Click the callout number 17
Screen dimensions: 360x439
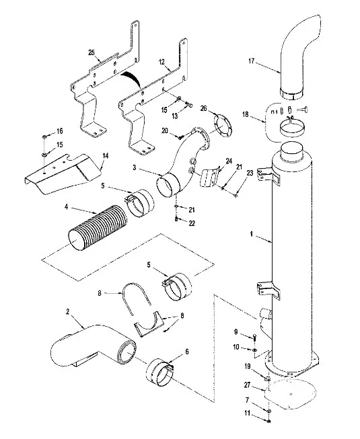pyautogui.click(x=251, y=61)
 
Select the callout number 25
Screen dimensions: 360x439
pyautogui.click(x=92, y=52)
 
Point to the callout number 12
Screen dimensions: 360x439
pyautogui.click(x=161, y=62)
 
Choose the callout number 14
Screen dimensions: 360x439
pyautogui.click(x=105, y=156)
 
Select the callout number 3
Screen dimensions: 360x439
pyautogui.click(x=135, y=167)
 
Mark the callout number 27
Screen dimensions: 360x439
pyautogui.click(x=247, y=385)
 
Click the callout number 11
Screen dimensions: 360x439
pyautogui.click(x=247, y=413)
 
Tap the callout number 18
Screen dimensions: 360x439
pyautogui.click(x=246, y=115)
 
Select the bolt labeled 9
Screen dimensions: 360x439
pyautogui.click(x=254, y=337)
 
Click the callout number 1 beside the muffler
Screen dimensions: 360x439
pyautogui.click(x=252, y=234)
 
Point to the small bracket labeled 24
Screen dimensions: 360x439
pyautogui.click(x=210, y=177)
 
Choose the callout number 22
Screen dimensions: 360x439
pyautogui.click(x=192, y=223)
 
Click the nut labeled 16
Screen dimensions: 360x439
pyautogui.click(x=44, y=137)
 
